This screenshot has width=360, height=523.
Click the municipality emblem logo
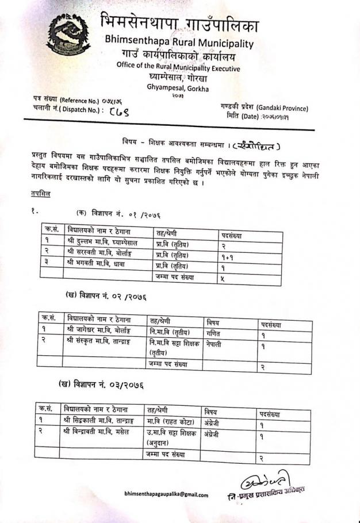tap(68, 34)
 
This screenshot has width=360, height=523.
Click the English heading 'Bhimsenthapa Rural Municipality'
tap(179, 42)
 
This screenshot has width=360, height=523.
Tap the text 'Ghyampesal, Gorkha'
tap(178, 89)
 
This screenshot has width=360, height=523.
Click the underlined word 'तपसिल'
tap(40, 194)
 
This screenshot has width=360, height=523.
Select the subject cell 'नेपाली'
tap(214, 344)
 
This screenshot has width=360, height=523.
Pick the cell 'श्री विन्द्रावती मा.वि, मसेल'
tap(97, 431)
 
